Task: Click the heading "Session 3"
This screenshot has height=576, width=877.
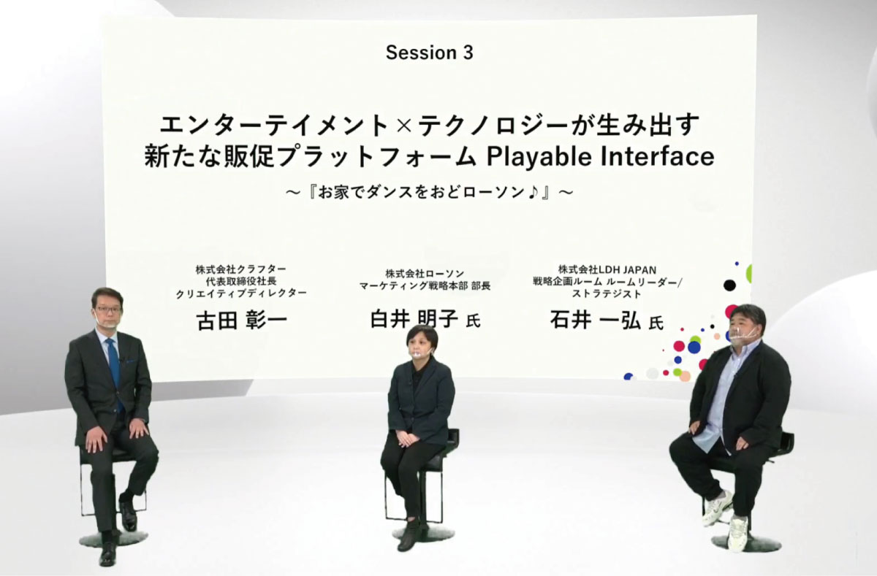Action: [x=430, y=53]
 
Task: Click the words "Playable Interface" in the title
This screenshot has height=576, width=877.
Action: [x=600, y=157]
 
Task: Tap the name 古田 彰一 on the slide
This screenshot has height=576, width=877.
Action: [x=243, y=320]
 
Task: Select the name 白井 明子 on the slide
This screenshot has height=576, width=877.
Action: [x=414, y=319]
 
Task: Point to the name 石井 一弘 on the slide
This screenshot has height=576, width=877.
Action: [x=595, y=320]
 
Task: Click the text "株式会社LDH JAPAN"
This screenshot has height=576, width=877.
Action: [x=607, y=269]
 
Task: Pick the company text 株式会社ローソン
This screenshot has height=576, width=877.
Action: [x=425, y=273]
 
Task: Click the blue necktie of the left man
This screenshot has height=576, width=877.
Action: [x=115, y=372]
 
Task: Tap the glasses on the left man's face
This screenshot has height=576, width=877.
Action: [x=107, y=309]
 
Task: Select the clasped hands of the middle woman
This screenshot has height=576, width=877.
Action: [x=406, y=439]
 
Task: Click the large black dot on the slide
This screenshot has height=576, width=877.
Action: [x=729, y=285]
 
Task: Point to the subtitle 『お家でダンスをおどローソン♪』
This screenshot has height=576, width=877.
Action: [x=430, y=193]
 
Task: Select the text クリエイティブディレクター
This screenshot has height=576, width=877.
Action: [x=240, y=293]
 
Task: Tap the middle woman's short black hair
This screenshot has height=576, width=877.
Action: [x=421, y=335]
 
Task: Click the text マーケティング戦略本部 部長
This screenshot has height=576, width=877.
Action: [x=425, y=286]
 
